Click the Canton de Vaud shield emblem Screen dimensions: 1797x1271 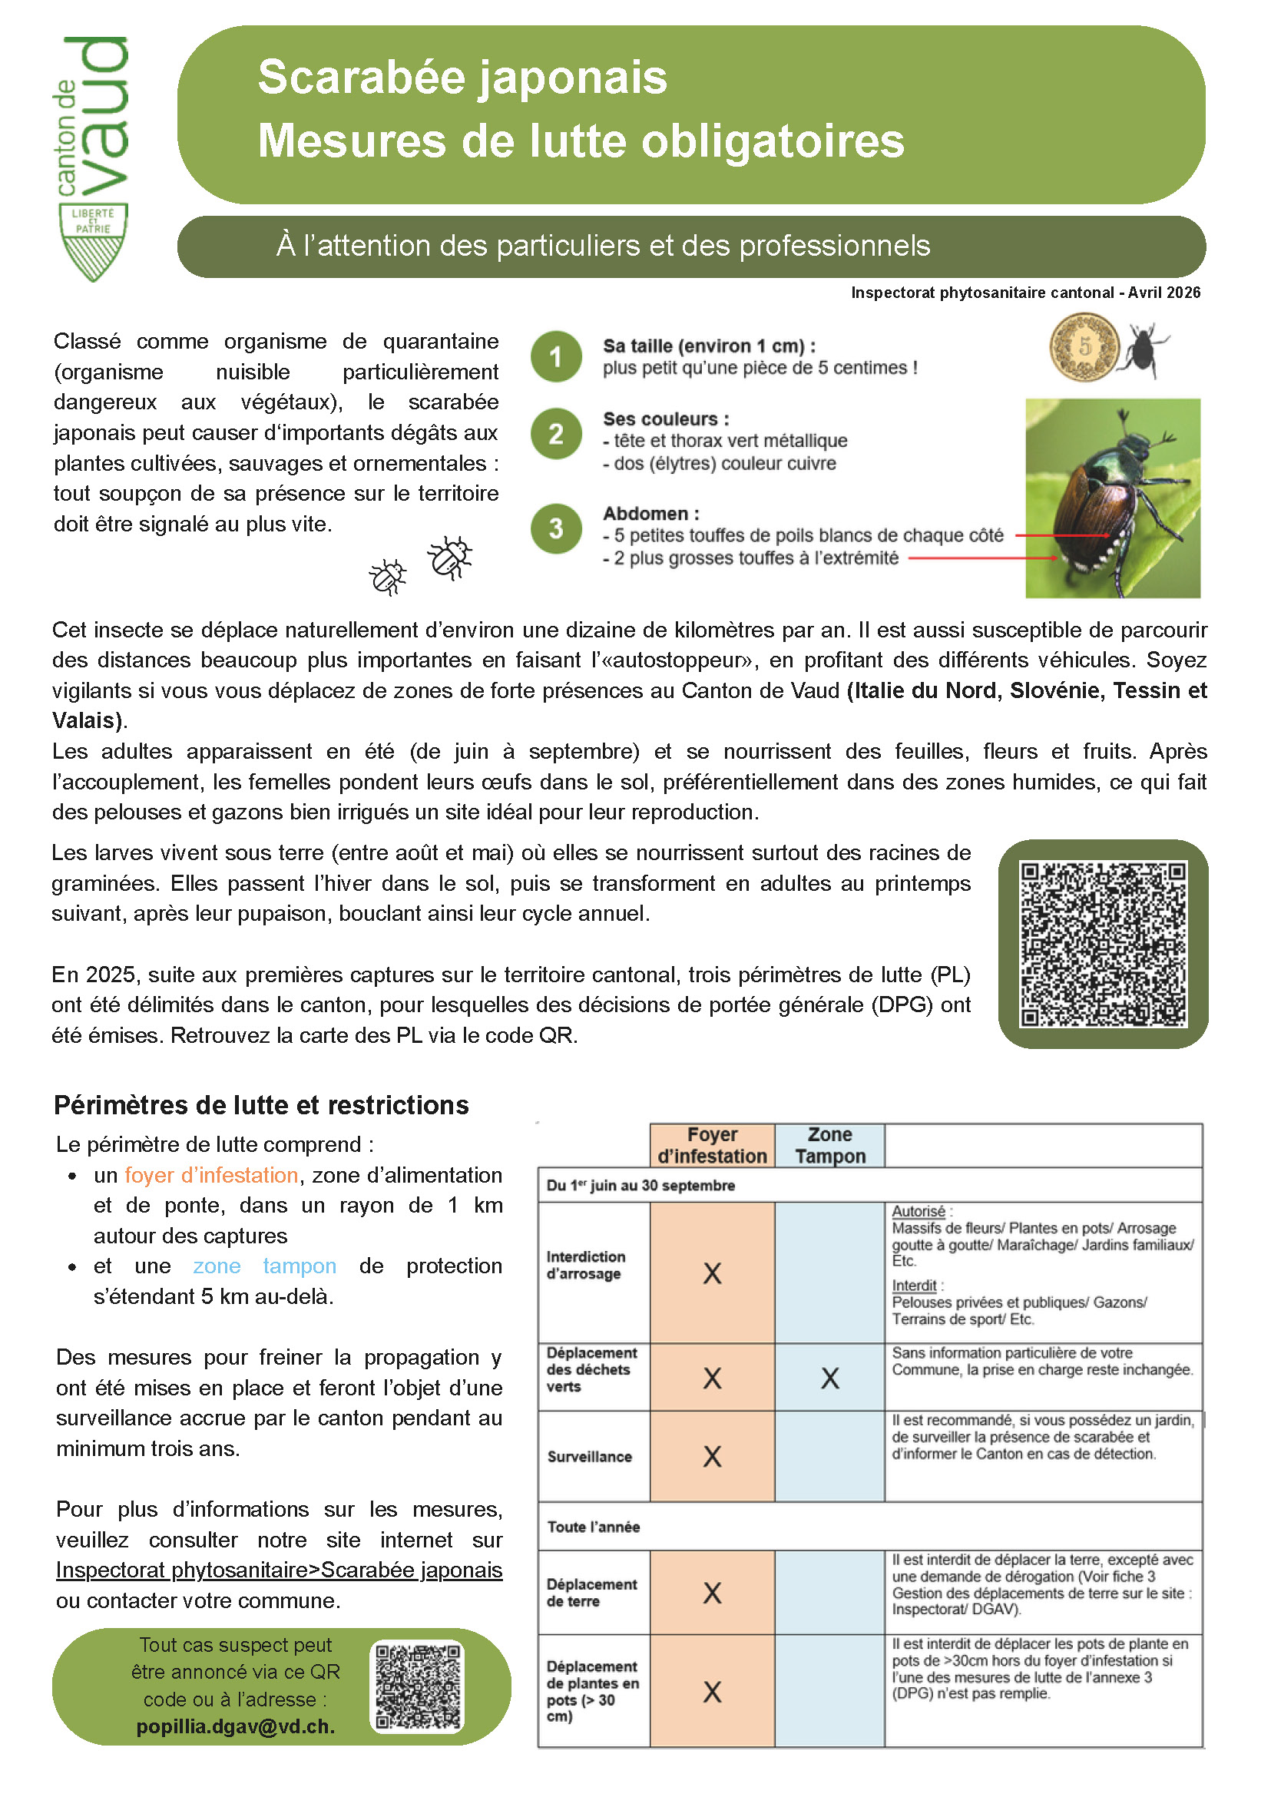(93, 242)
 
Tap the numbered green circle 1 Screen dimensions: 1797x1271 (556, 357)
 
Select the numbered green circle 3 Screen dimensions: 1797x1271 (556, 528)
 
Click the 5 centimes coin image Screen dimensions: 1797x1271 (1084, 346)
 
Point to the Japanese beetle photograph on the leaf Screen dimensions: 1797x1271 (1112, 498)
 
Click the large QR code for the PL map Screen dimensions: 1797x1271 (1103, 943)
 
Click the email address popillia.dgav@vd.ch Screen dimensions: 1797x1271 (236, 1726)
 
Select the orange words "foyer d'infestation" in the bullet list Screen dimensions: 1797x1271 (211, 1176)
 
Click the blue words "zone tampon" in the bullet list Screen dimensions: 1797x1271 (264, 1266)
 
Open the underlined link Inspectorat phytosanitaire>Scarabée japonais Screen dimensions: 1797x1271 (279, 1570)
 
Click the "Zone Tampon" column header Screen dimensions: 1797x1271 (829, 1146)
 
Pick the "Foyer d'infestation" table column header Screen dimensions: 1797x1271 (711, 1146)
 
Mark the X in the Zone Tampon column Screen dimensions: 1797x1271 (829, 1378)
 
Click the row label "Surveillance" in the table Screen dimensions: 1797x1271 (589, 1457)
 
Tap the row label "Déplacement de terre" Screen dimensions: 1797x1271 (591, 1593)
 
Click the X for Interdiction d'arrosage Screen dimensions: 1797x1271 (711, 1273)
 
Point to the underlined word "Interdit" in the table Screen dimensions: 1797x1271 (913, 1285)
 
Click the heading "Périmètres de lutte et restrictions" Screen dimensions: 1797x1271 (261, 1105)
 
